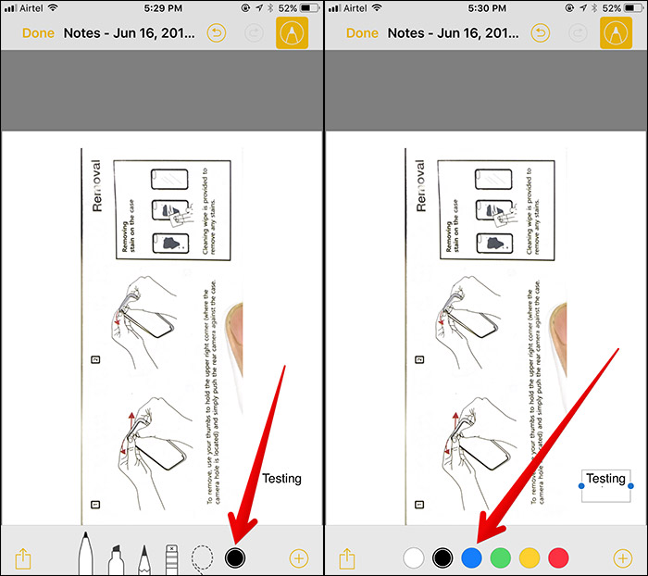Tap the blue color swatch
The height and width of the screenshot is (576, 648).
(472, 557)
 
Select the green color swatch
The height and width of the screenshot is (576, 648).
(501, 557)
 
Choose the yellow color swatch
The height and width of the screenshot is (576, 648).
(530, 557)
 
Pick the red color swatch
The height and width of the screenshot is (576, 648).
(558, 557)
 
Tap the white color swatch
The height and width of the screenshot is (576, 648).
(415, 557)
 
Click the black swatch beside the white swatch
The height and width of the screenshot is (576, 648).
(443, 557)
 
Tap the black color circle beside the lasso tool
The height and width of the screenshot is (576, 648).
(235, 557)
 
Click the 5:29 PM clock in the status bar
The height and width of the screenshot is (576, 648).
(162, 8)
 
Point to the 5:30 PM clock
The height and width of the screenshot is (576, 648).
(486, 8)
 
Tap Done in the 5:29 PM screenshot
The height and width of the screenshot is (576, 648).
(38, 33)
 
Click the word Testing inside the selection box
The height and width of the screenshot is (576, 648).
(606, 479)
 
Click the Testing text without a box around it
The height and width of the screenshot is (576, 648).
(281, 479)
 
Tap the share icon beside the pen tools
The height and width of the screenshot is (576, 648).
(23, 557)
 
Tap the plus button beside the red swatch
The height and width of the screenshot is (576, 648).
(622, 557)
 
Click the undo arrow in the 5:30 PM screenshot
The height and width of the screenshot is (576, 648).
(541, 33)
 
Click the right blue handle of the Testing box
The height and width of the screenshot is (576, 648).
(630, 485)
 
